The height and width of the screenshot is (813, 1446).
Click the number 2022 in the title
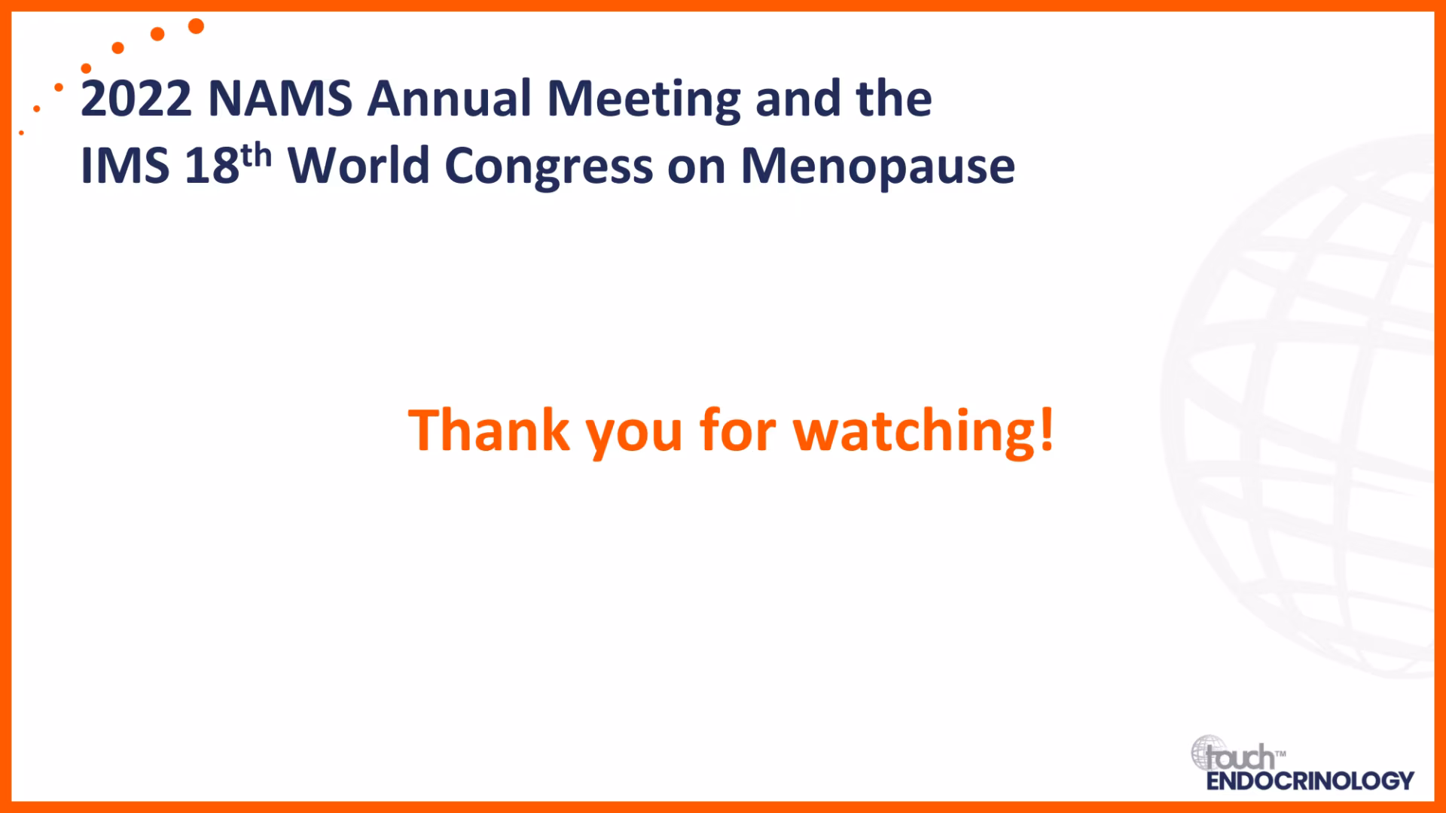coord(136,99)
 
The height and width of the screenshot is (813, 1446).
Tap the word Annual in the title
coord(450,99)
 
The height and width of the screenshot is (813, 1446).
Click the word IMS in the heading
coord(125,166)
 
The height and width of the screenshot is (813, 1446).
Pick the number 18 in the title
coord(212,166)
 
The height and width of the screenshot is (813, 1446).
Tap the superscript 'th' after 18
coord(256,155)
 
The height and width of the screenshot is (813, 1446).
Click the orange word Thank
coord(489,430)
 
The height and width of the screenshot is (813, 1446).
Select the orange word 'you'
coord(634,436)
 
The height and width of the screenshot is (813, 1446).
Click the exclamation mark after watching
coord(1046,430)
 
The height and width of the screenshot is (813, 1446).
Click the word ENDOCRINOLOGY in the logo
coord(1310,781)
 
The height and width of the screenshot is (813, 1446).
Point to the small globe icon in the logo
coord(1208,752)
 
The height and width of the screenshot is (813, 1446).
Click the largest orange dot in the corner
coord(196,26)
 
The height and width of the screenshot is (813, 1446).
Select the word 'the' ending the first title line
coord(894,99)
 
